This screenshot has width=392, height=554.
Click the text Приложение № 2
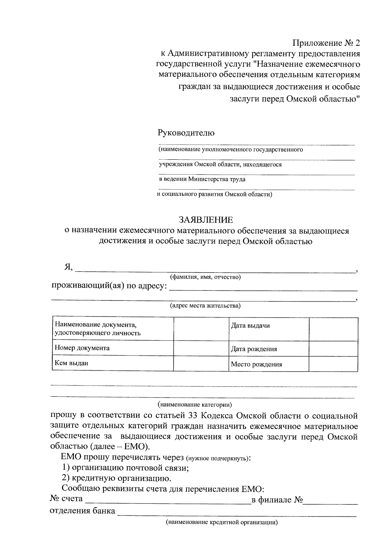[326, 43]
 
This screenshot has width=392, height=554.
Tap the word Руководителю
[186, 133]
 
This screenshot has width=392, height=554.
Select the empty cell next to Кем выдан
[201, 363]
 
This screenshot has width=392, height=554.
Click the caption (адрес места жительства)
[205, 306]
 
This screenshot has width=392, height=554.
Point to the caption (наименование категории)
[195, 405]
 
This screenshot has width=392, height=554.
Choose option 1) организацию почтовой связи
[125, 468]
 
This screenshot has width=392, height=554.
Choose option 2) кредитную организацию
[117, 479]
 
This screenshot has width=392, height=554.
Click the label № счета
[66, 499]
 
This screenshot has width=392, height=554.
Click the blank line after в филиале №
[331, 501]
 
